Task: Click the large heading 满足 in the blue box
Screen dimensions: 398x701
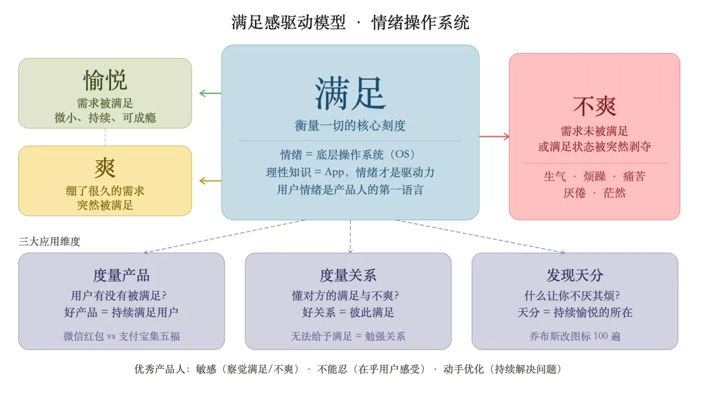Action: point(350,93)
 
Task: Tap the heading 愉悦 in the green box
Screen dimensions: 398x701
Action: point(105,80)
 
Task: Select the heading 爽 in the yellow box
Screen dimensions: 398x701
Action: point(105,168)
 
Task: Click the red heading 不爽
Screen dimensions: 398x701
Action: point(594,106)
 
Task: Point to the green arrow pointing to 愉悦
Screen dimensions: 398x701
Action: point(210,93)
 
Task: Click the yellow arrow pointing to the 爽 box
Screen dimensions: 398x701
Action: point(210,181)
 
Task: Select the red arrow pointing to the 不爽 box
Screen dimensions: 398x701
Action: point(495,136)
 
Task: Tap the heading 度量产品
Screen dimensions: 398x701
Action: point(121,275)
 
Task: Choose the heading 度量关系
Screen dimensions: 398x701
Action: point(348,275)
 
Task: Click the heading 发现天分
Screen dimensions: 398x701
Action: point(574,275)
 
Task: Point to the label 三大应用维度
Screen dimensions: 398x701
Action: point(50,241)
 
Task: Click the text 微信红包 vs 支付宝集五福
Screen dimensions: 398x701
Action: point(121,336)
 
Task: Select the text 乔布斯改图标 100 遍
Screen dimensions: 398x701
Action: point(574,336)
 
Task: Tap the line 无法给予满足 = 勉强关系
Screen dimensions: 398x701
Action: point(348,336)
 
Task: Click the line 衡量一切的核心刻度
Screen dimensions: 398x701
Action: point(350,125)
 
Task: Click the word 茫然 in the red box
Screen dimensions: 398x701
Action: point(614,193)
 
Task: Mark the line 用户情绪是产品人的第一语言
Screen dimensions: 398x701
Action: point(350,190)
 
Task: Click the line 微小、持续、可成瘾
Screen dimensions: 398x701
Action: point(105,117)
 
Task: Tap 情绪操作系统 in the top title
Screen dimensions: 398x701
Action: point(420,23)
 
